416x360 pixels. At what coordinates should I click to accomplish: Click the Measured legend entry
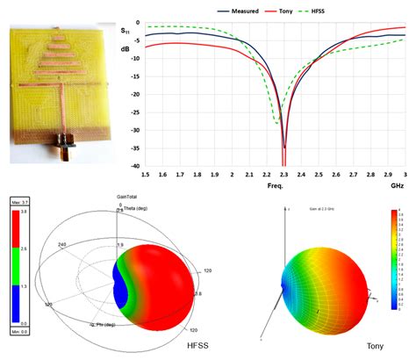(240, 11)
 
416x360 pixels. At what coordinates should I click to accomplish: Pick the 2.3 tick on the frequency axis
(283, 176)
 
